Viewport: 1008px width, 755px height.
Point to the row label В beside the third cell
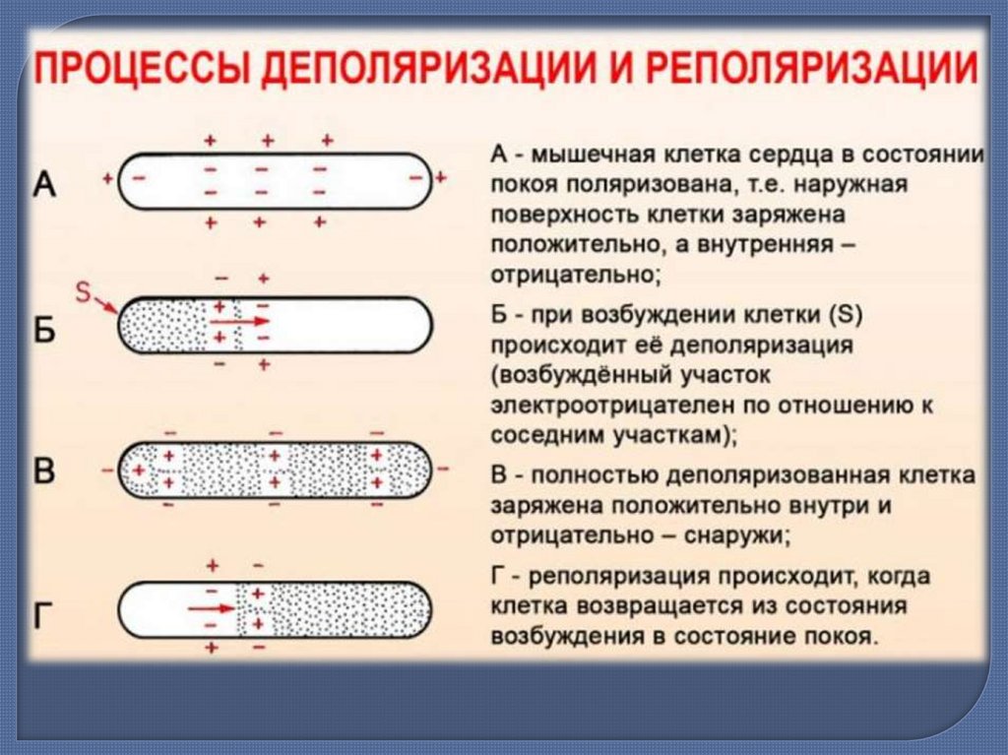pyautogui.click(x=45, y=472)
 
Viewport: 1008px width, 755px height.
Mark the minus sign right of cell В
pyautogui.click(x=443, y=469)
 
